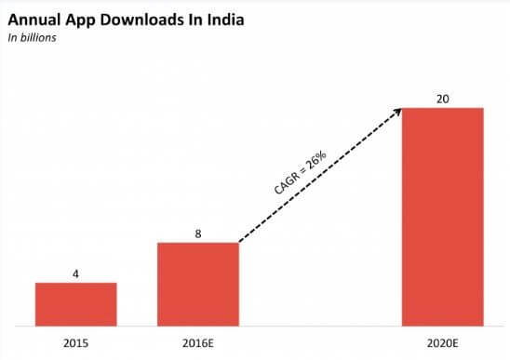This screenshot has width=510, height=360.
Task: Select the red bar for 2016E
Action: [x=198, y=284]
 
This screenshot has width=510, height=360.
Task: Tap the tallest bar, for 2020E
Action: [x=442, y=217]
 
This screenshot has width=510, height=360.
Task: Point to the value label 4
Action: [x=76, y=273]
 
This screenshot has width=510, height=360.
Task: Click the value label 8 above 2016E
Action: [x=198, y=233]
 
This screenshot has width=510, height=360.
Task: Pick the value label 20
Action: [x=442, y=98]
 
